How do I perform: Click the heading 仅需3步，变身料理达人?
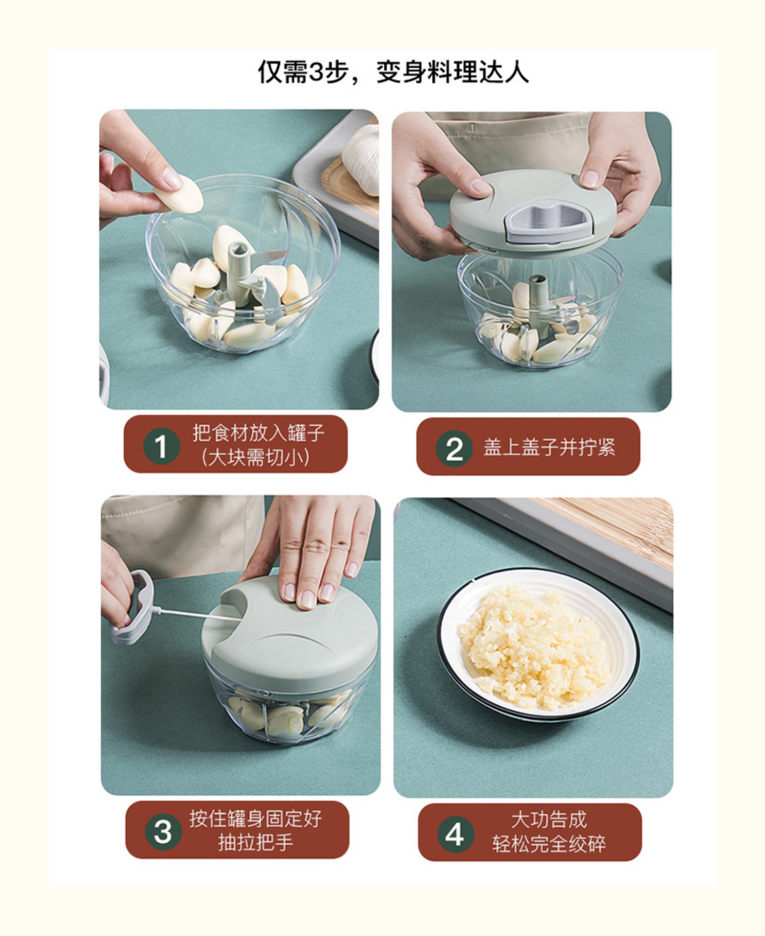coord(393,72)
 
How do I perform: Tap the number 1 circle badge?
coord(161,446)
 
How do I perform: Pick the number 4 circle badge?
coord(455,834)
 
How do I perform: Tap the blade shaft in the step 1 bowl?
coord(238,273)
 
